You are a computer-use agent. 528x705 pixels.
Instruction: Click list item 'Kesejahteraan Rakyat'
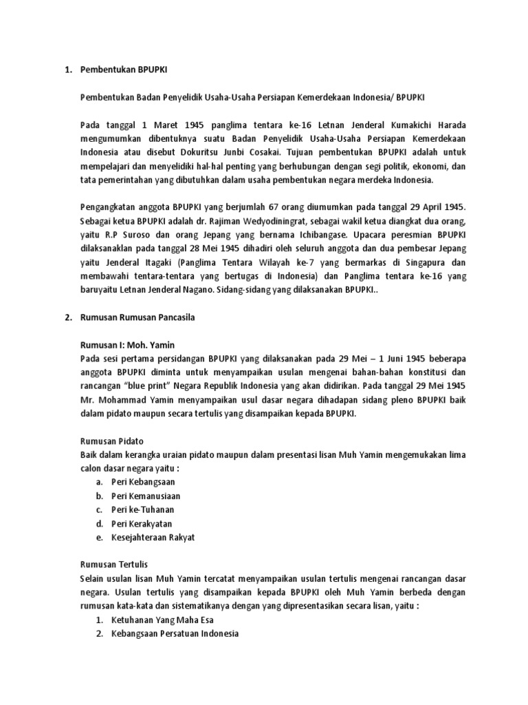[x=153, y=536]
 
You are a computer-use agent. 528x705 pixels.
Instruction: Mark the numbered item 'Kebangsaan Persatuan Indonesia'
[x=175, y=633]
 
